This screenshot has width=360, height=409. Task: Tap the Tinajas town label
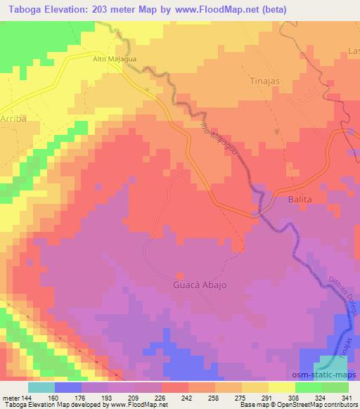click(x=265, y=81)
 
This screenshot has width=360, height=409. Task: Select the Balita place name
click(x=299, y=200)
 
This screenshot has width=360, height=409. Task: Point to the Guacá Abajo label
click(x=200, y=286)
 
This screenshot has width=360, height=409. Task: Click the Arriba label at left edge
click(x=13, y=119)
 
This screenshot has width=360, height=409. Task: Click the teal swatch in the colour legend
click(x=41, y=387)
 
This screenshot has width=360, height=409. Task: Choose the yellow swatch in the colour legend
click(x=281, y=387)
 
